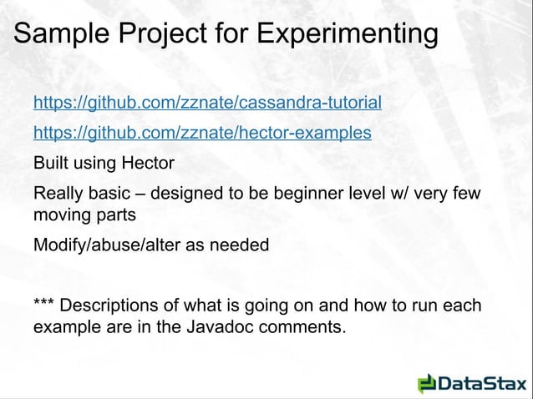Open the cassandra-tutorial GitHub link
[207, 104]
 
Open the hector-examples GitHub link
[202, 133]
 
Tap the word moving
[63, 216]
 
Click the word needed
[242, 246]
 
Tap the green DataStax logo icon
[426, 384]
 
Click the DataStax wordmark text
[480, 384]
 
